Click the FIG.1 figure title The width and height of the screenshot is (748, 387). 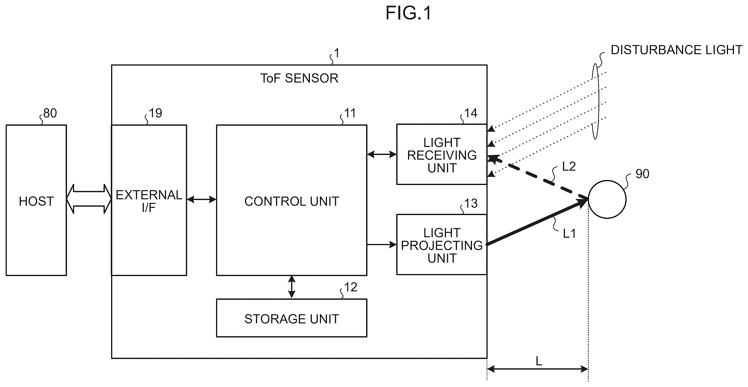point(408,13)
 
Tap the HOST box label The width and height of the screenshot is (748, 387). point(36,201)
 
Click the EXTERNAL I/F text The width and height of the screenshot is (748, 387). point(149,201)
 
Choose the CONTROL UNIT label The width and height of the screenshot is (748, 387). point(292,201)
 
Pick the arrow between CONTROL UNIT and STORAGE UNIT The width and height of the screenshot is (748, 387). point(292,287)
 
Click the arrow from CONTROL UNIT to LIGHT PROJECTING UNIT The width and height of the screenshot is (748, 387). point(382,245)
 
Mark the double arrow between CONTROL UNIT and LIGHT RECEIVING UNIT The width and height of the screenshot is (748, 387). point(382,154)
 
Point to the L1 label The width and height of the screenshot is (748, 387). point(569,233)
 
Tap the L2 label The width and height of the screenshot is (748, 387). point(569,166)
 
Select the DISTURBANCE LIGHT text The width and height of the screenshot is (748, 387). point(677,50)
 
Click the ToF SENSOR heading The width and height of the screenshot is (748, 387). point(299,78)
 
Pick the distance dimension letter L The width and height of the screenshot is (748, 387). point(539,362)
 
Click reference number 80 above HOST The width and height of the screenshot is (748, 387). point(50,113)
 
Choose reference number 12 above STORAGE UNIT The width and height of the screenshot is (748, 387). point(350,287)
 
